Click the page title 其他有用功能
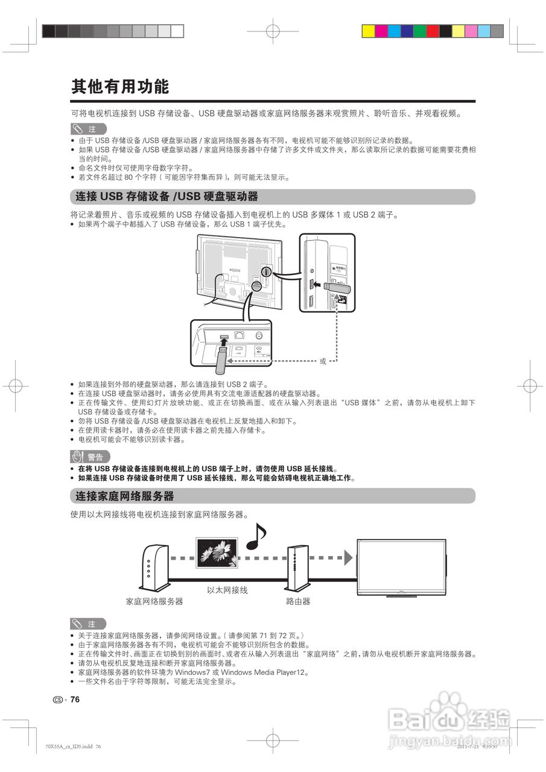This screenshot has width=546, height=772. coord(120,87)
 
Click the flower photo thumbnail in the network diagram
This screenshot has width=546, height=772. coord(217,552)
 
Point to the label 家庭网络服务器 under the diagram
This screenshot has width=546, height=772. coord(154,601)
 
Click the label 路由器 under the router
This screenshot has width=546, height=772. coord(298,601)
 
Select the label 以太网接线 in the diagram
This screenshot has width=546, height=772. coord(227,590)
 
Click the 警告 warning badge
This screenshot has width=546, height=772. coord(90,457)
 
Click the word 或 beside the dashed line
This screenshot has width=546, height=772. coord(323,361)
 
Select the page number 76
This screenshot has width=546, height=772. coord(75,700)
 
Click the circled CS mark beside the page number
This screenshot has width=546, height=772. coord(58,700)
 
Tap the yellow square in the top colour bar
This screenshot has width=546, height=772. coord(367,31)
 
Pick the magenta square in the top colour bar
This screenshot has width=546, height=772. coord(381,31)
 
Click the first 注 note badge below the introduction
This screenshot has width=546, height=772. coord(88,129)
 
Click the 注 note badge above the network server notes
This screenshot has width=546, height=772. coord(88,624)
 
